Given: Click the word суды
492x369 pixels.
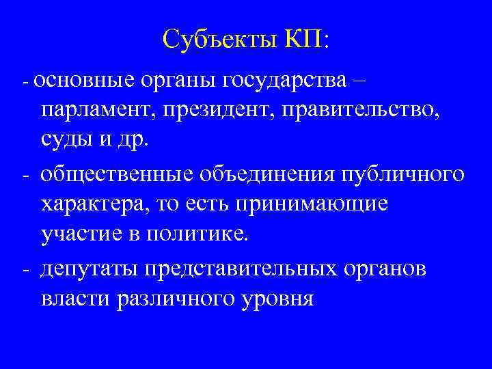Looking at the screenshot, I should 64,140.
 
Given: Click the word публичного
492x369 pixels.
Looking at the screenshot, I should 400,174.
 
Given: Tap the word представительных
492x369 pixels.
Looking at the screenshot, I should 249,269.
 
